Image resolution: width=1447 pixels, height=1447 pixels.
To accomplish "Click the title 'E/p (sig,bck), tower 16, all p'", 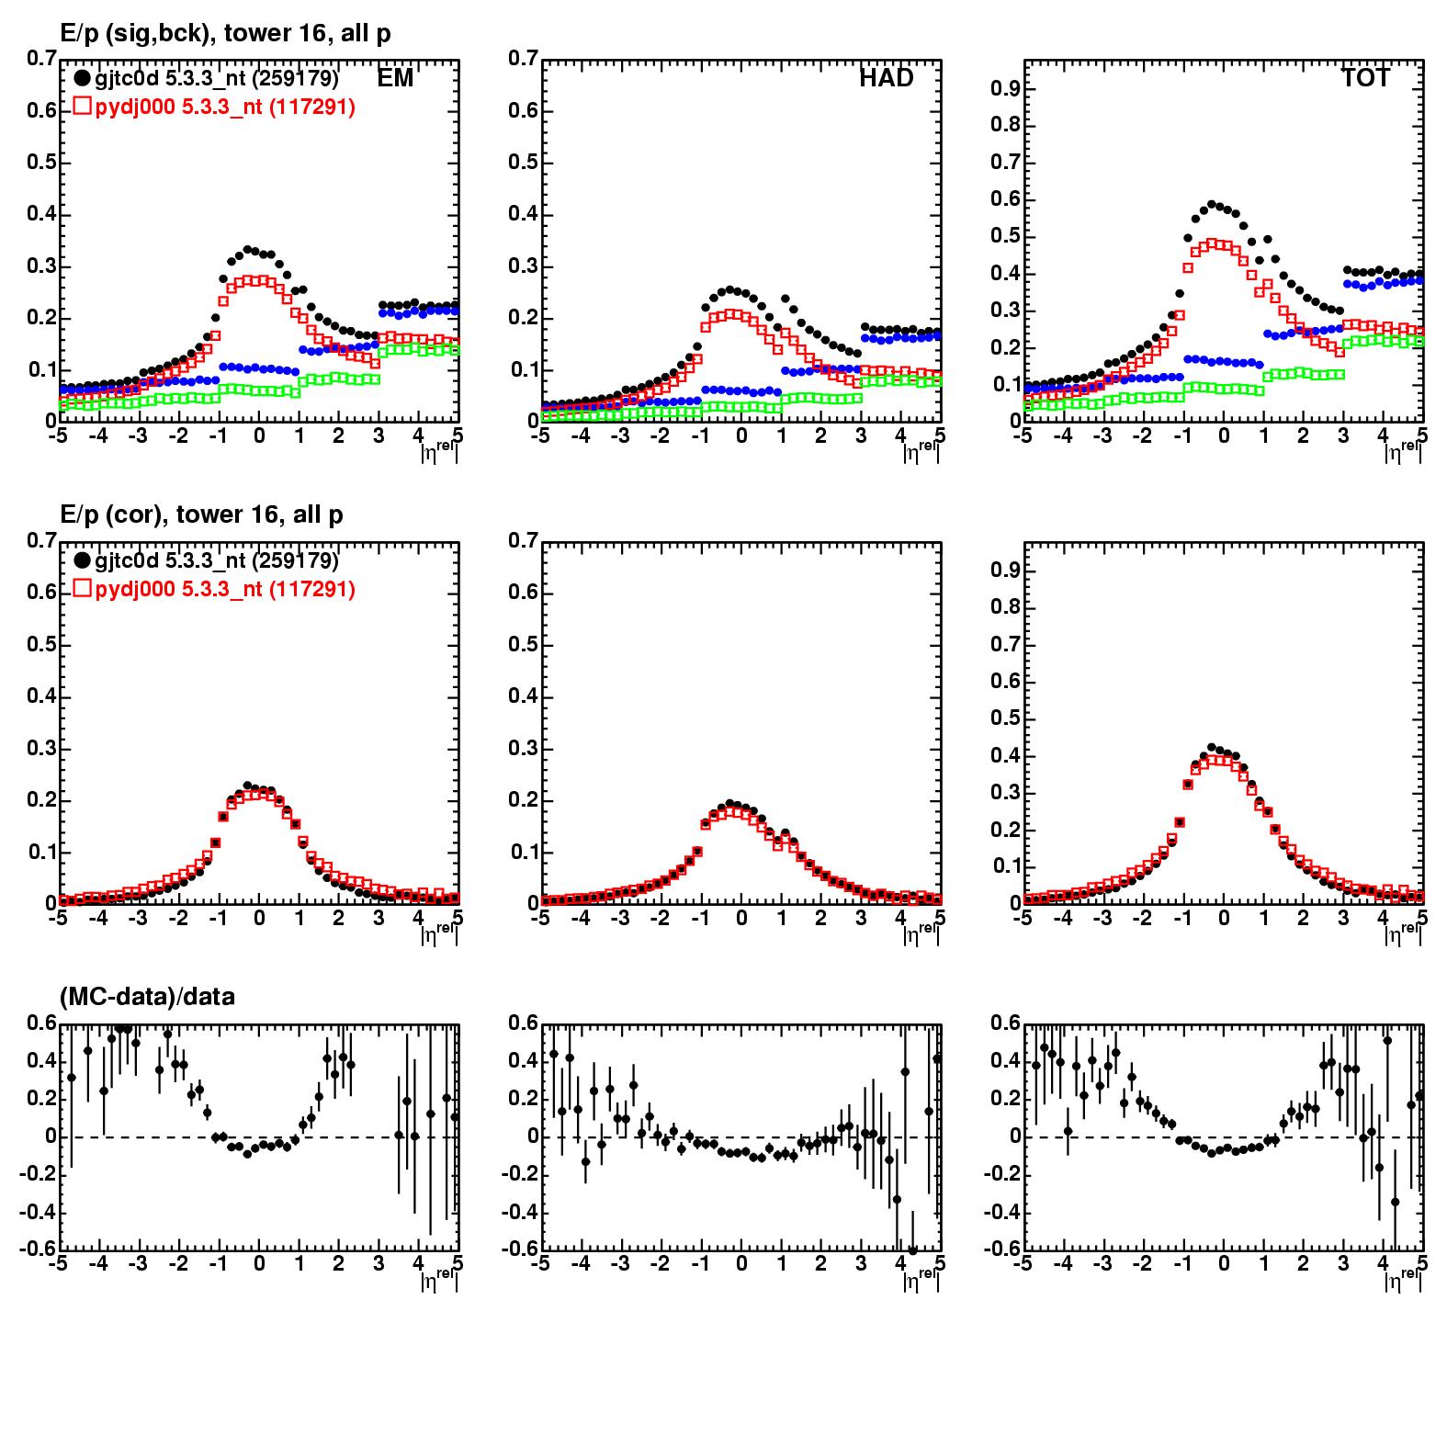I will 225,34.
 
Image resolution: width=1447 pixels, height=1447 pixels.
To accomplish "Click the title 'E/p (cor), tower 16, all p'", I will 202,514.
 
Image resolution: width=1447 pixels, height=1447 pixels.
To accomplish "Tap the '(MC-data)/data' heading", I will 148,996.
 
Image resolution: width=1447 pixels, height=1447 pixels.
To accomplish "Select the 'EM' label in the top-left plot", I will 395,79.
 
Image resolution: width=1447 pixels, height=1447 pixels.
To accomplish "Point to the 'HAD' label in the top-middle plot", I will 886,79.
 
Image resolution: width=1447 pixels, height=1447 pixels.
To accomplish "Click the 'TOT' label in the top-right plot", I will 1365,79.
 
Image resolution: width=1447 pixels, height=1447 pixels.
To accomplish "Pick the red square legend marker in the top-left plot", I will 82,107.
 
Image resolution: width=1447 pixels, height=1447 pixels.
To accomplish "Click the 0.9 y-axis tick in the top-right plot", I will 1008,89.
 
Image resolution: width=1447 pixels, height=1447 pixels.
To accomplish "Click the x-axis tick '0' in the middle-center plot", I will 741,917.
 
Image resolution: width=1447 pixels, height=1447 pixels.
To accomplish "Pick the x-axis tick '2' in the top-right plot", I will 1303,435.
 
